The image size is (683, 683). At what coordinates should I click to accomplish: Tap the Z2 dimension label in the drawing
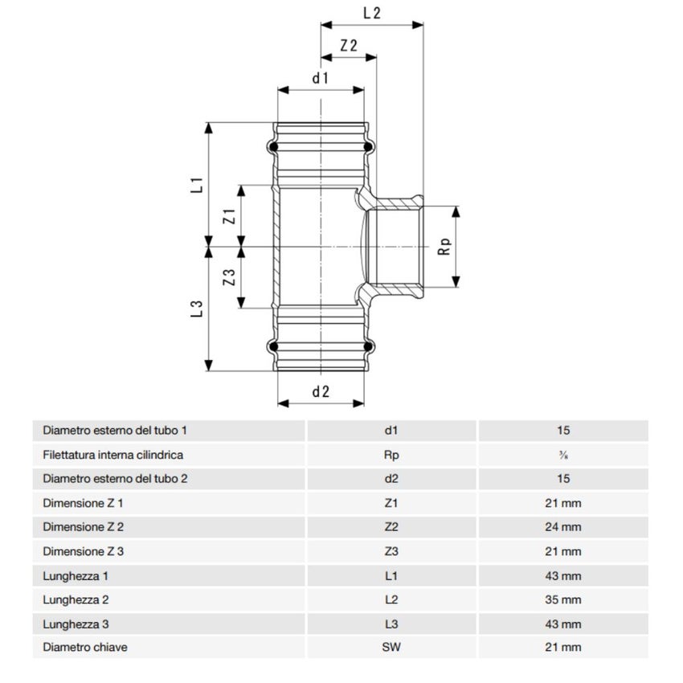coord(349,46)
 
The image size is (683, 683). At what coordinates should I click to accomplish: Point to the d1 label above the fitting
coord(321,78)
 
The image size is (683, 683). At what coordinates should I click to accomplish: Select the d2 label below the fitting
coord(321,391)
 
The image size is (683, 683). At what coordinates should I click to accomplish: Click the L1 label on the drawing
coord(195,184)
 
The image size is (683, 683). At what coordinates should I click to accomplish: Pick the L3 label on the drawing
coord(195,309)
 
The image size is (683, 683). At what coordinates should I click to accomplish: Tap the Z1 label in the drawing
coord(228,215)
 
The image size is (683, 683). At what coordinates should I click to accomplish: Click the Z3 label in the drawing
coord(228,278)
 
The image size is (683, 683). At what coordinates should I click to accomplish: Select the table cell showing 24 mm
coord(562,527)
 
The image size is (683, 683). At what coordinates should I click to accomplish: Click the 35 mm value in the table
coord(562,599)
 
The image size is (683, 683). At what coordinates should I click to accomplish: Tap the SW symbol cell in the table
coord(392,647)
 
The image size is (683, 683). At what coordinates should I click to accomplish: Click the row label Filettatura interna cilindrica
coord(113,455)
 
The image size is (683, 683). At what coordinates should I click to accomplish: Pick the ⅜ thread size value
coord(562,455)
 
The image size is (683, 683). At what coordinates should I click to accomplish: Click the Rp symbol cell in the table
coord(392,455)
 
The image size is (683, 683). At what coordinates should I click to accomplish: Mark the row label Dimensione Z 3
coord(83,551)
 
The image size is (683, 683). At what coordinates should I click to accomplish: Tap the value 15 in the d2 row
coord(562,479)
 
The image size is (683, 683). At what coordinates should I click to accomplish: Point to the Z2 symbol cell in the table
coord(392,527)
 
